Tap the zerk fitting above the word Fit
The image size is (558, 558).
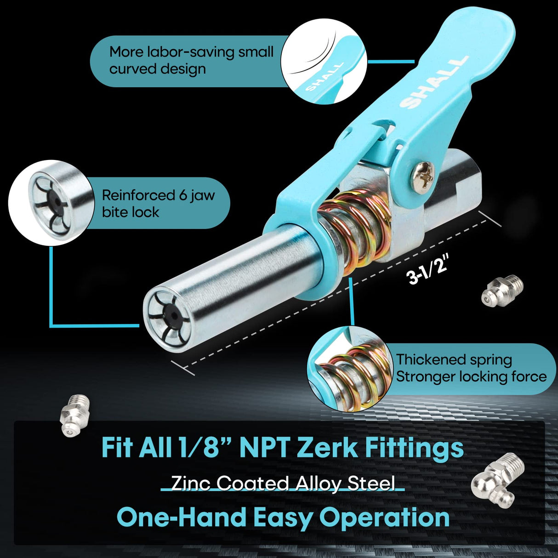73,415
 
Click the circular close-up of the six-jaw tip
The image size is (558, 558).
51,202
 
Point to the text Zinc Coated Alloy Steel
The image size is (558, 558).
283,484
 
